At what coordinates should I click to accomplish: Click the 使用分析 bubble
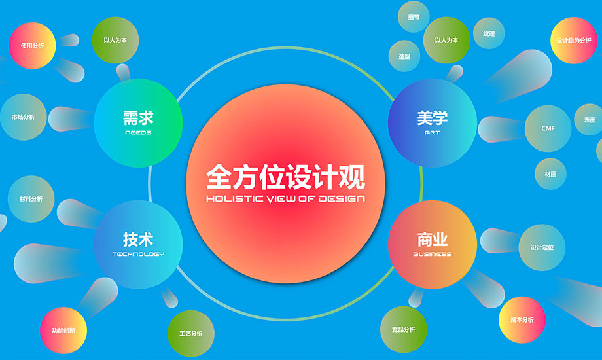[x=32, y=46]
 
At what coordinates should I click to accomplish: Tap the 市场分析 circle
[x=24, y=117]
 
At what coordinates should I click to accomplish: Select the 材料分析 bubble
[x=31, y=199]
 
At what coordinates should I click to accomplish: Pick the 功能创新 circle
[x=63, y=331]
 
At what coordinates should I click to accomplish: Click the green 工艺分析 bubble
[x=191, y=333]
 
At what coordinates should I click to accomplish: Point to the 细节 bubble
[x=414, y=17]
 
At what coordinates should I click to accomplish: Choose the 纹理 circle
[x=489, y=33]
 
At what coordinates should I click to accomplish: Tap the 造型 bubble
[x=404, y=56]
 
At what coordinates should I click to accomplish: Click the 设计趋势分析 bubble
[x=574, y=41]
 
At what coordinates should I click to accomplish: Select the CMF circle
[x=548, y=128]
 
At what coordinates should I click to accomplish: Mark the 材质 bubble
[x=550, y=174]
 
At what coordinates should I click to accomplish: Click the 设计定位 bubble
[x=542, y=247]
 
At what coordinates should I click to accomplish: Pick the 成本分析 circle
[x=522, y=319]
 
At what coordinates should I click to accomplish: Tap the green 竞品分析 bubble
[x=404, y=330]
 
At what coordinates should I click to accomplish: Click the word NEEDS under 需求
[x=138, y=133]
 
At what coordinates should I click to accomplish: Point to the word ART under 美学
[x=433, y=133]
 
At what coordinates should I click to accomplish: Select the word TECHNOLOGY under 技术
[x=138, y=254]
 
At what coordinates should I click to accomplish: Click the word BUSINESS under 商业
[x=433, y=254]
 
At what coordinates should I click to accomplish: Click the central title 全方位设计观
[x=286, y=177]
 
